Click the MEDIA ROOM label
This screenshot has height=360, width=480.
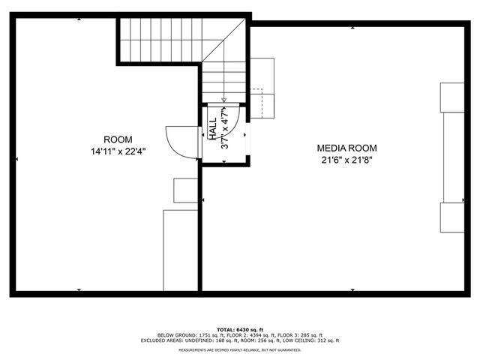tap(346, 148)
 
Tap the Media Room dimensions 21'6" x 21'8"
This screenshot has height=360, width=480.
tap(346, 159)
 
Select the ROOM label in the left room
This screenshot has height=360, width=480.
tap(118, 139)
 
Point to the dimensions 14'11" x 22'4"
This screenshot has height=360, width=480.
tap(118, 151)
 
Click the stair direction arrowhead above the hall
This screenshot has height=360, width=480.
tap(224, 99)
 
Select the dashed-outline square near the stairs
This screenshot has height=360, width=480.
tap(260, 103)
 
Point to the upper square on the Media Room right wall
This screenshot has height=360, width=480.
tap(453, 97)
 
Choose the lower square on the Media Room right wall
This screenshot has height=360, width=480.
tap(453, 217)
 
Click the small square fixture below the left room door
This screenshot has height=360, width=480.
tap(185, 190)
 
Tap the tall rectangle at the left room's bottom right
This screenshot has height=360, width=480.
tap(180, 250)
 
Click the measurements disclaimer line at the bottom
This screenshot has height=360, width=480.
tap(240, 349)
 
